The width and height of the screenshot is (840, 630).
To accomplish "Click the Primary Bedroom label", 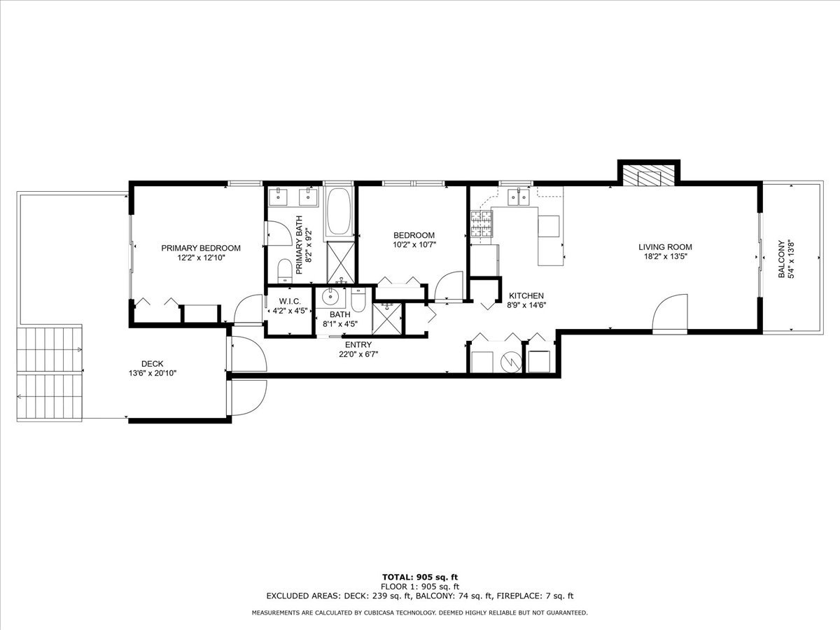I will tap(201, 248).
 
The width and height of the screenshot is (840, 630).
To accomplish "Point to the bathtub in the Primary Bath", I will tap(340, 212).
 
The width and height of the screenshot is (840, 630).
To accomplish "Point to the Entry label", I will tap(358, 344).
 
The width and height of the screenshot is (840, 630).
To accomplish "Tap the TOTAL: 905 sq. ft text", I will tap(419, 577).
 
